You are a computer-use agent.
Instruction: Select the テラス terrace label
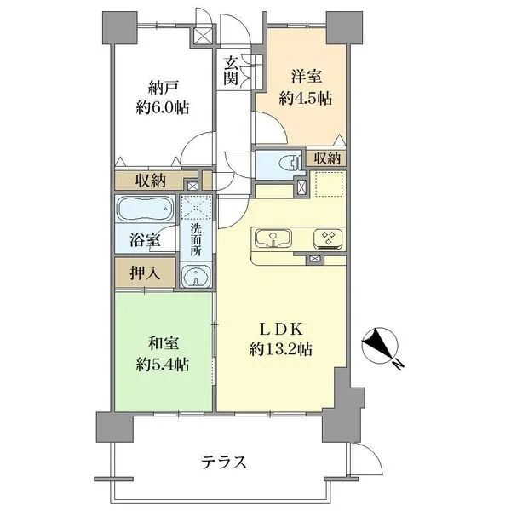click(224, 462)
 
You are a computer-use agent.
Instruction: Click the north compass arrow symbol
click(379, 347)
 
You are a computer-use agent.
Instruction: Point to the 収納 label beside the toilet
click(327, 158)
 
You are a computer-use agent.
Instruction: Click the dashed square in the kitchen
click(327, 184)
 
